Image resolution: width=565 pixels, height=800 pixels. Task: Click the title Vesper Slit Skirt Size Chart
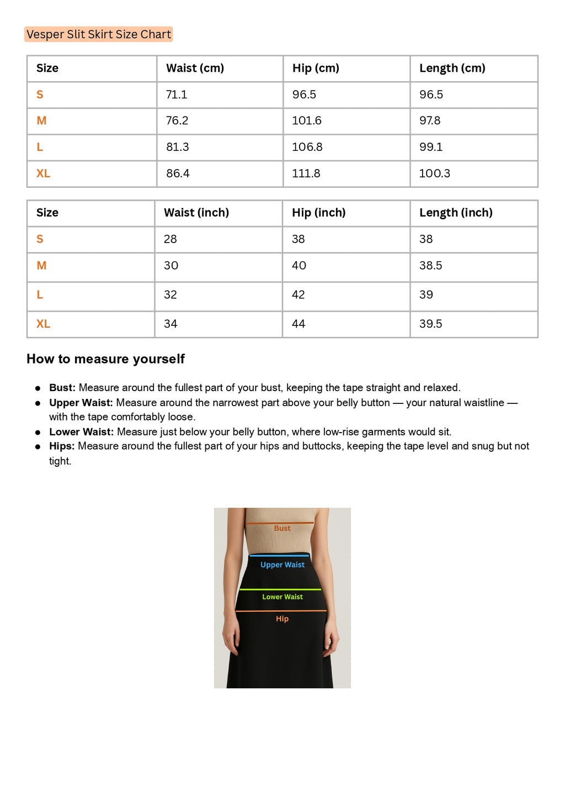point(99,34)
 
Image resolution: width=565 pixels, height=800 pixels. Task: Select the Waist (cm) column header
point(195,68)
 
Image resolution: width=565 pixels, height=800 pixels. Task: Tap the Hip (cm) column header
point(316,68)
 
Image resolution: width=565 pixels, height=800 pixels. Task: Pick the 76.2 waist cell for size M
point(177,120)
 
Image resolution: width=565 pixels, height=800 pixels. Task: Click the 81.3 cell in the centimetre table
point(177,147)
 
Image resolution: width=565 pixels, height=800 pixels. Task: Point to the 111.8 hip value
point(306,173)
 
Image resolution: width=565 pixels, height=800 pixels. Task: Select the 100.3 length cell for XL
point(435,173)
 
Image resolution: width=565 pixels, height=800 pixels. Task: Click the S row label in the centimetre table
point(40,94)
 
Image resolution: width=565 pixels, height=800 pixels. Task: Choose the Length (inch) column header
point(456,213)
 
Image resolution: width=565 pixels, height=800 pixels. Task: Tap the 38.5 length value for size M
point(430,266)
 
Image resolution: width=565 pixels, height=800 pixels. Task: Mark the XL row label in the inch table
point(43,324)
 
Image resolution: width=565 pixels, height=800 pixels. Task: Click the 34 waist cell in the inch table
point(170,324)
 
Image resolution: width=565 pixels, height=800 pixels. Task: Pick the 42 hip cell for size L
point(299,294)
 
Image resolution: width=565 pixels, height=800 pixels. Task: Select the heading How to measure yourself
point(105,359)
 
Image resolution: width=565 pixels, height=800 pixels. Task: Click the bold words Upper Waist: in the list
point(81,403)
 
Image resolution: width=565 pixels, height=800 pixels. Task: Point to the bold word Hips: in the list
point(62,446)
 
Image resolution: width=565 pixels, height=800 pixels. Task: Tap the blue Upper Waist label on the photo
point(282,565)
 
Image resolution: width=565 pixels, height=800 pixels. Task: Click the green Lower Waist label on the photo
point(282,597)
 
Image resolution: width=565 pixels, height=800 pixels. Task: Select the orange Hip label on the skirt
point(282,619)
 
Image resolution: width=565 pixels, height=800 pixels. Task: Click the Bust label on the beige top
point(282,528)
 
